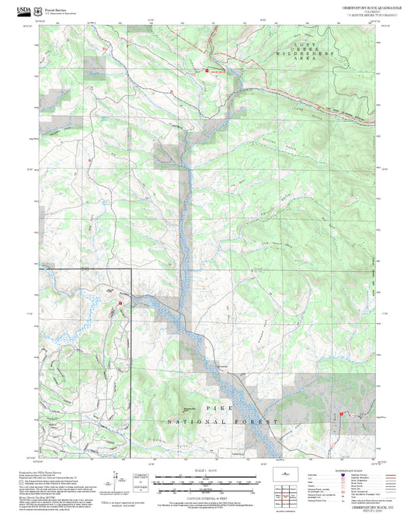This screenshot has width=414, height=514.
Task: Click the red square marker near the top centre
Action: [207, 71]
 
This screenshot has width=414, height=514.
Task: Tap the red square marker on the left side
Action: [120, 303]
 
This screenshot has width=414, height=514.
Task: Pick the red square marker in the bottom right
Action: [341, 415]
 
